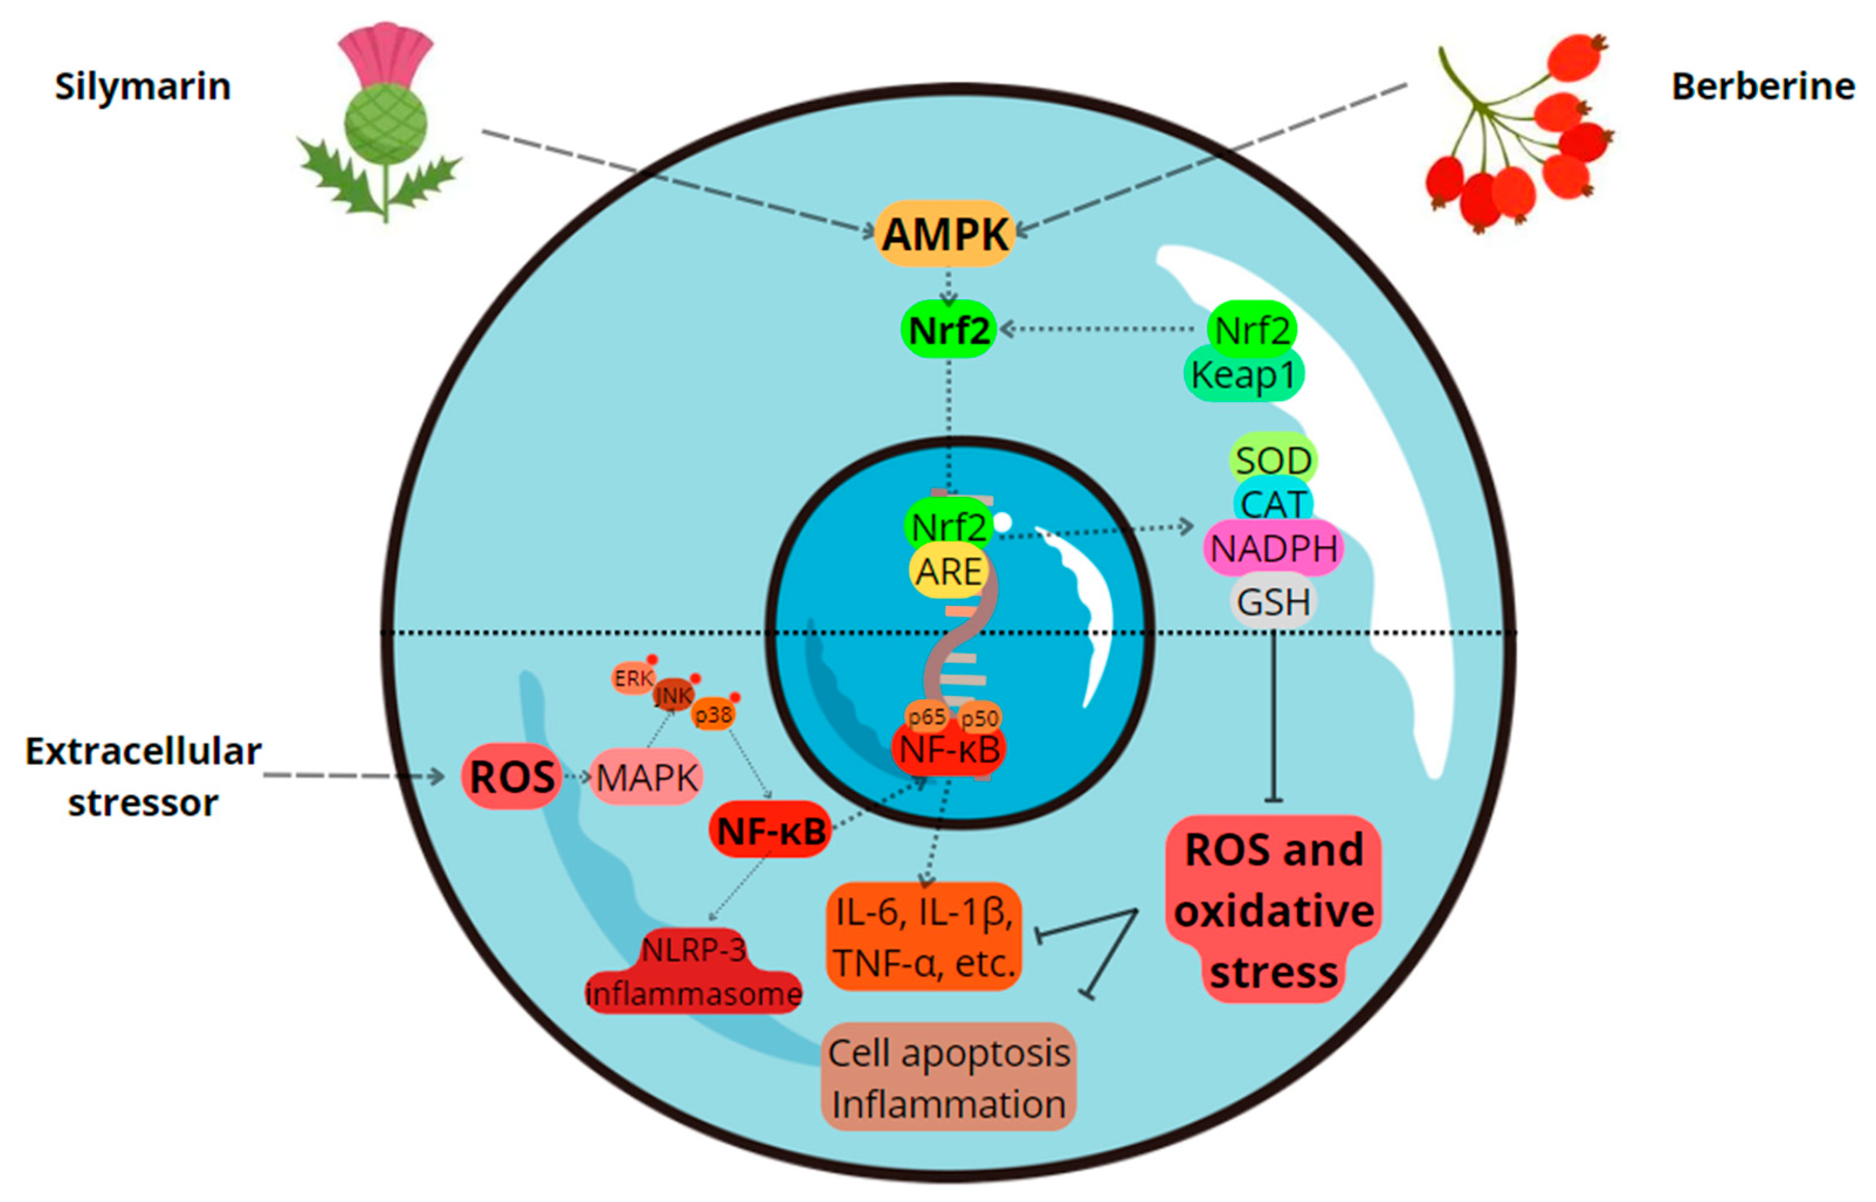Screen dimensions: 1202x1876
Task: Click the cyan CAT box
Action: coord(1273,503)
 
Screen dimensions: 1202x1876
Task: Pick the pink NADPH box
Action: coord(1273,548)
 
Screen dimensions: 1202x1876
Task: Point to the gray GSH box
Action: coord(1273,602)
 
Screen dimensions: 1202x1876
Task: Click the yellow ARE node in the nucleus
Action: coord(948,572)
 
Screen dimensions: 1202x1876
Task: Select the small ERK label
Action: coord(632,678)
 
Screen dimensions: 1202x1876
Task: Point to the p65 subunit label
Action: coord(926,716)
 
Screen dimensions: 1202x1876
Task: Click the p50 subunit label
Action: coord(979,717)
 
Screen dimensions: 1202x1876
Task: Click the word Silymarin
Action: coord(143,86)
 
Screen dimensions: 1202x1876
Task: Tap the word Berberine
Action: coord(1763,86)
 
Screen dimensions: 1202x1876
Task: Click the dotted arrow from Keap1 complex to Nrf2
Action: coord(1100,329)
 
